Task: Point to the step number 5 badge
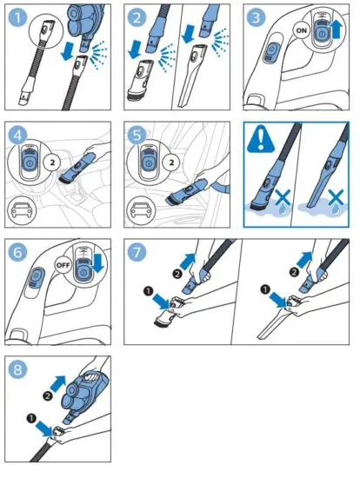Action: [137, 136]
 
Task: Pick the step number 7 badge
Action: [137, 253]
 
